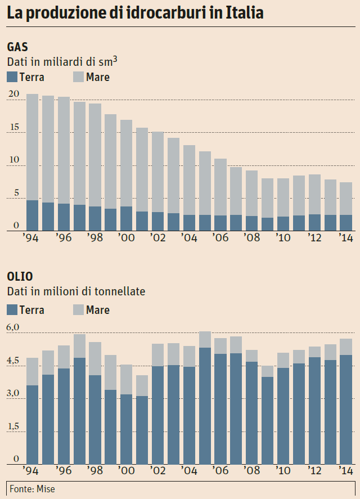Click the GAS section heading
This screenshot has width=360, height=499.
pyautogui.click(x=17, y=47)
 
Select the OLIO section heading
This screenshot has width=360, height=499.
pyautogui.click(x=20, y=276)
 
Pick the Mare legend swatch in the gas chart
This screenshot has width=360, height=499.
pyautogui.click(x=78, y=77)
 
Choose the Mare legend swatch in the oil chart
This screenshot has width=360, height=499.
pyautogui.click(x=78, y=309)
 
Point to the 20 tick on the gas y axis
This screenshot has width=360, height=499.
pyautogui.click(x=13, y=94)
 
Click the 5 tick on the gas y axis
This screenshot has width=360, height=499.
pyautogui.click(x=16, y=194)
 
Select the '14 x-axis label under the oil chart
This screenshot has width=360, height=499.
pyautogui.click(x=344, y=471)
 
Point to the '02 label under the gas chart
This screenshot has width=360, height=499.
pyautogui.click(x=157, y=239)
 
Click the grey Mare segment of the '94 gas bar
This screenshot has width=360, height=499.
pyautogui.click(x=33, y=146)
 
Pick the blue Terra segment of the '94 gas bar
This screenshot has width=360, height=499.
pyautogui.click(x=33, y=215)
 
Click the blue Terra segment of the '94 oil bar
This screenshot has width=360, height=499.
pyautogui.click(x=33, y=424)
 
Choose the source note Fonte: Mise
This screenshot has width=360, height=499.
pyautogui.click(x=33, y=489)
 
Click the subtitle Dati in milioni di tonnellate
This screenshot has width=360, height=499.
pyautogui.click(x=76, y=291)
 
